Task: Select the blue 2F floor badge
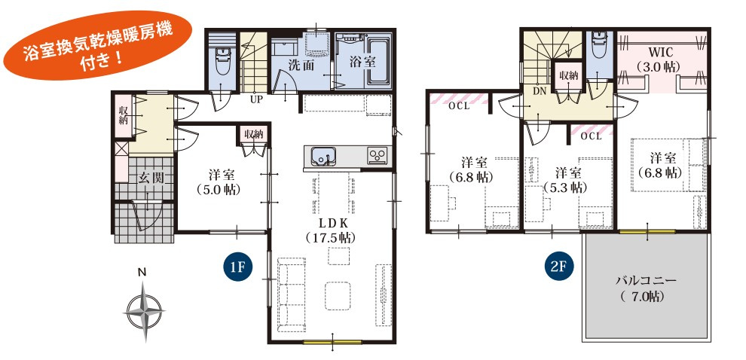click(x=558, y=267)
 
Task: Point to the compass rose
click(x=143, y=312)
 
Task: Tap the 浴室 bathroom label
click(x=363, y=62)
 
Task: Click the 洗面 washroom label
click(x=300, y=65)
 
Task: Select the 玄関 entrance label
click(x=151, y=178)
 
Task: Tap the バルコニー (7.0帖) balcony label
click(x=646, y=288)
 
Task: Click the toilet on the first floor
click(x=222, y=62)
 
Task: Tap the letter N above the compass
click(x=142, y=273)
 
